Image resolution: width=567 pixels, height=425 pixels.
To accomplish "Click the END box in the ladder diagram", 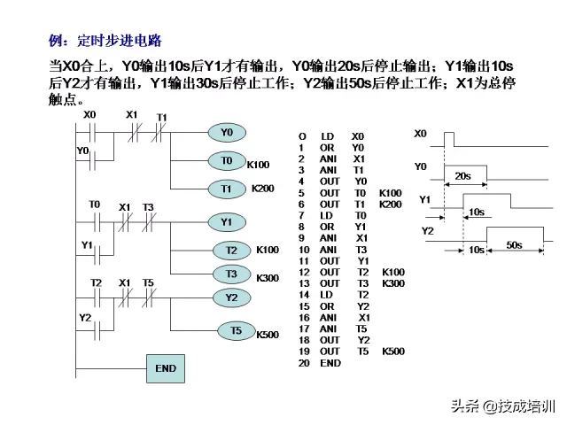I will [x=166, y=368].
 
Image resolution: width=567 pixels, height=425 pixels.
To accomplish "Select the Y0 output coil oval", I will [x=227, y=133].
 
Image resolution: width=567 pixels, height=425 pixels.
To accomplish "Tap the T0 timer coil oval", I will [x=227, y=161].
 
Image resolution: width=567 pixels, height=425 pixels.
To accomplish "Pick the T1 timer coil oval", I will [x=227, y=189].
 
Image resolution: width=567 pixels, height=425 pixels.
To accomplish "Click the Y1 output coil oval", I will [x=227, y=222].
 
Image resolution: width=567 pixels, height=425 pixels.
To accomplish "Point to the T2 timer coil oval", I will [x=232, y=251].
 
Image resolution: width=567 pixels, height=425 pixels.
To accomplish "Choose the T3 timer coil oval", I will [x=232, y=274].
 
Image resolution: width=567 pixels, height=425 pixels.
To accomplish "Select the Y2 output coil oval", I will [x=231, y=297].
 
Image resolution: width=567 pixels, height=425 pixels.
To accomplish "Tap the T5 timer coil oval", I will [x=237, y=331].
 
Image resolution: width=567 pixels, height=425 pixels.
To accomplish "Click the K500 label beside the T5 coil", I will [x=268, y=335].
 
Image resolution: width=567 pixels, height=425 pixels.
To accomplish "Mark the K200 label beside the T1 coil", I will [x=263, y=189].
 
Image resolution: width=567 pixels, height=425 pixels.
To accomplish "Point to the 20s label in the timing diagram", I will [x=462, y=176].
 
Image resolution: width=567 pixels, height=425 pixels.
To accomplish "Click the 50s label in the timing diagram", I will [x=513, y=243].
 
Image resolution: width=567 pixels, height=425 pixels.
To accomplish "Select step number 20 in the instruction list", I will [x=303, y=363].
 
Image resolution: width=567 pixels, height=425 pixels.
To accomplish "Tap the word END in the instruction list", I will [x=330, y=363].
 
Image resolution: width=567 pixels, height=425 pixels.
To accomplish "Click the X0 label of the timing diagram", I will [x=420, y=133].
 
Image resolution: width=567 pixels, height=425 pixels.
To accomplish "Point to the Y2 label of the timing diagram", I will [x=427, y=230].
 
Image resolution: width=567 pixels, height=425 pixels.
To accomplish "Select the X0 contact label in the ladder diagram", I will [x=89, y=115].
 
